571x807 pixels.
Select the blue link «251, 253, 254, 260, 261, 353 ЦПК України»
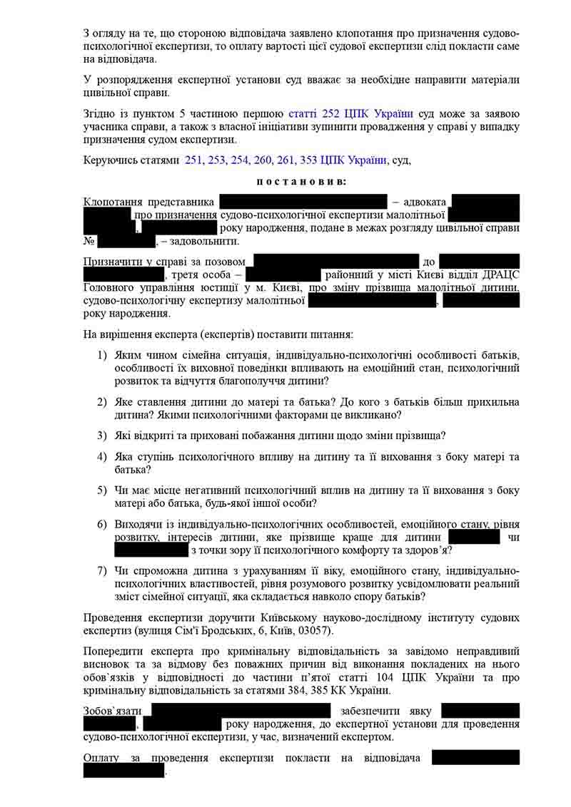pos(285,160)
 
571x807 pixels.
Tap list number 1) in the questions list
pos(102,355)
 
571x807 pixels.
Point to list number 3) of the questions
pos(102,435)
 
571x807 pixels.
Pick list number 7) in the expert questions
pos(102,571)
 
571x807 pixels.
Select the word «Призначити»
pos(111,262)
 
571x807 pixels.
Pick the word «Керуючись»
pos(108,160)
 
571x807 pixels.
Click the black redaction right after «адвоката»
pos(485,202)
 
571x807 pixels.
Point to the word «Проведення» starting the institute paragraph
pos(114,617)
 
